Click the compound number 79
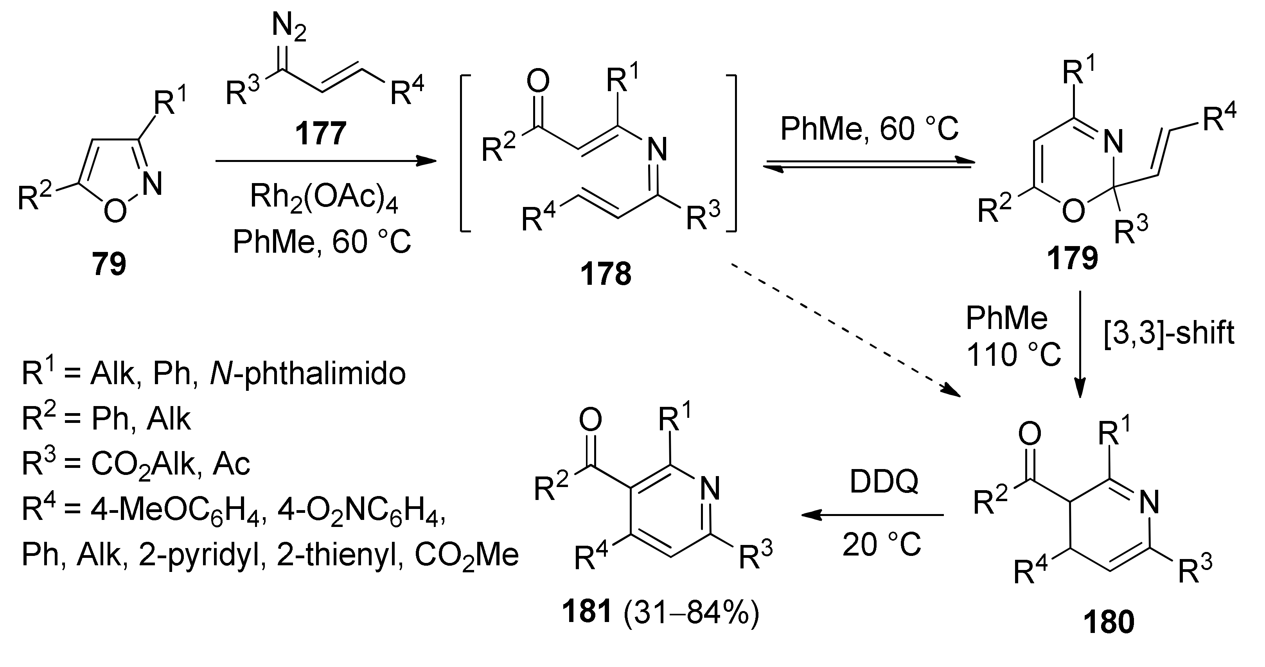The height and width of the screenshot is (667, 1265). point(109,264)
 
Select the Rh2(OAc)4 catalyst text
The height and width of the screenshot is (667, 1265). point(324,198)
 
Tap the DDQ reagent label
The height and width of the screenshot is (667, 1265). point(884,482)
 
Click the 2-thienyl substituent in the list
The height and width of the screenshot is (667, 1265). point(338,555)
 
